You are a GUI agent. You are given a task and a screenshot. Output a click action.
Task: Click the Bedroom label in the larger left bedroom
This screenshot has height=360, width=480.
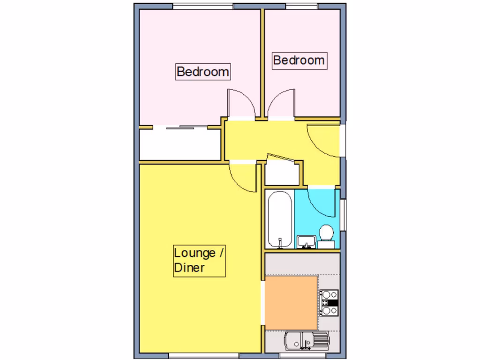(x=203, y=72)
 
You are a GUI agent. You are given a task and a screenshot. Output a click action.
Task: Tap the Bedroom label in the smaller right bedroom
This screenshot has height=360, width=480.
(x=299, y=60)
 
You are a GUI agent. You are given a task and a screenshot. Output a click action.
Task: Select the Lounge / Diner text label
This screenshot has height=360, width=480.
(x=199, y=260)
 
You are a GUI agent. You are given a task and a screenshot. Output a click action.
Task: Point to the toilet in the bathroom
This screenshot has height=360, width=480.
(x=326, y=234)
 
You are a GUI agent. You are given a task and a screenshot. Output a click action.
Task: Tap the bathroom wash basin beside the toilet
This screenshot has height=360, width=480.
(x=306, y=241)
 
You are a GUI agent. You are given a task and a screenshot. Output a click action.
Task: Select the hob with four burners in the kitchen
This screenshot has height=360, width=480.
(x=329, y=302)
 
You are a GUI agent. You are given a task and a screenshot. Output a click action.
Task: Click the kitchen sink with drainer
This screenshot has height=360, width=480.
(x=307, y=341)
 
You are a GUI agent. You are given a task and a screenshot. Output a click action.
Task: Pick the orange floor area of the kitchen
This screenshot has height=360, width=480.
(x=291, y=302)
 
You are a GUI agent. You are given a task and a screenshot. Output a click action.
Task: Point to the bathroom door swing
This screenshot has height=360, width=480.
(x=322, y=202)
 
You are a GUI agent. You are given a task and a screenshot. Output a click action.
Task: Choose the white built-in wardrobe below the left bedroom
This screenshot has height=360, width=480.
(x=180, y=144)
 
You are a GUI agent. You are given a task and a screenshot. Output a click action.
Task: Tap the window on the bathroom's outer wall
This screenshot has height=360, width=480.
(x=343, y=215)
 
